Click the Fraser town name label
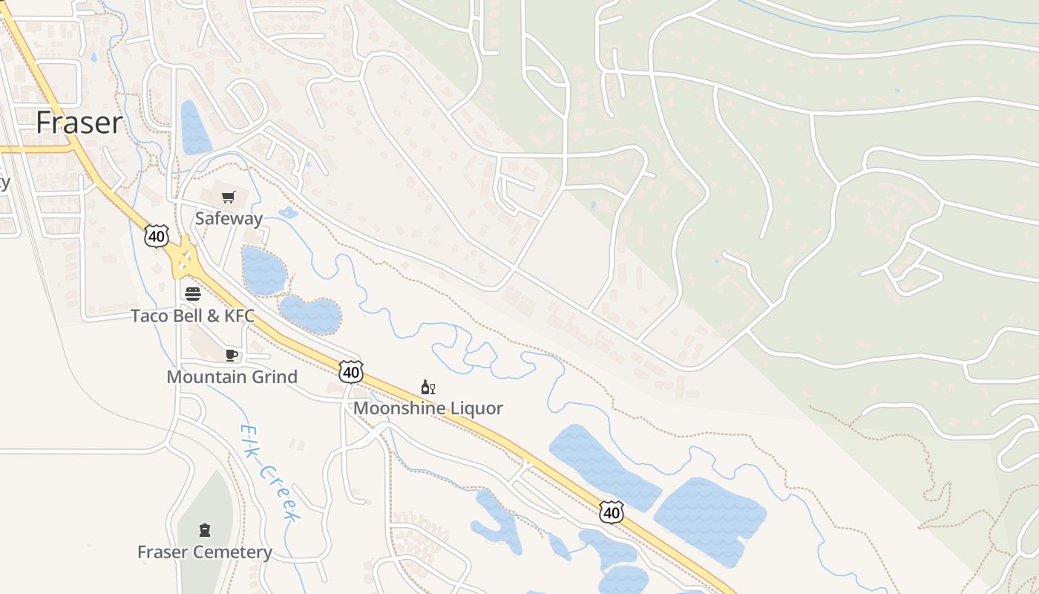point(79,123)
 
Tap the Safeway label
point(229,218)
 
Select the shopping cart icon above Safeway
point(229,197)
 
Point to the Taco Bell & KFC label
point(193,316)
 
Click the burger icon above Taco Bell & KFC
point(193,293)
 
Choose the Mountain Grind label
point(232,376)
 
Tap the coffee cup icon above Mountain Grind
point(232,355)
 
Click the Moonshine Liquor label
point(428,408)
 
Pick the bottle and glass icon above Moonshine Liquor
point(428,387)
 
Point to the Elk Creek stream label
point(269,472)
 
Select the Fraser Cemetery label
point(205,552)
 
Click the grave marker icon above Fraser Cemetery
point(205,530)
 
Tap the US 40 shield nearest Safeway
point(157,236)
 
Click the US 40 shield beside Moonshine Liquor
point(351,371)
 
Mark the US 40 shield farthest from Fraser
point(612,512)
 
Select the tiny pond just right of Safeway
point(287,214)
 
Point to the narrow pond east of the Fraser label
point(194,128)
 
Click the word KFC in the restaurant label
point(239,316)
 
